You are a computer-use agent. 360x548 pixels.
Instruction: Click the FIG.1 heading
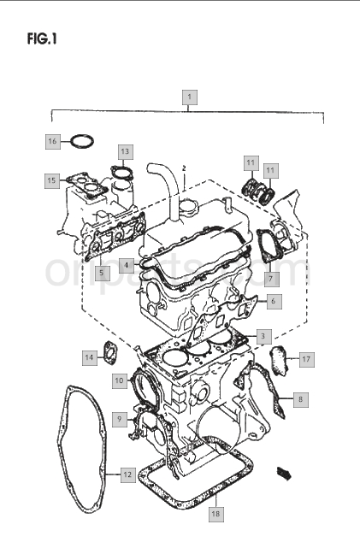pos(42,38)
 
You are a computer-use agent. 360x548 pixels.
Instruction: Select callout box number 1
pos(190,97)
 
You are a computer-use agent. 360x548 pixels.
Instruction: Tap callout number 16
pos(52,141)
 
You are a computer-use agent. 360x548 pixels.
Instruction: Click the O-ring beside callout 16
pos(82,141)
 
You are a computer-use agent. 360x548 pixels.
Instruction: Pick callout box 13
pos(125,151)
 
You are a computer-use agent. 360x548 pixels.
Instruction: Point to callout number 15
pos(51,180)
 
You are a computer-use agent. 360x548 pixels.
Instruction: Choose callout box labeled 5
pos(102,273)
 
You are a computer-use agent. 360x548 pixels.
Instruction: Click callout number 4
pos(127,265)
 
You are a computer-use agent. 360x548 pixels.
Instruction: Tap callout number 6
pos(274,301)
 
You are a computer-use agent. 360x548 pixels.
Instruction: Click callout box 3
pos(263,337)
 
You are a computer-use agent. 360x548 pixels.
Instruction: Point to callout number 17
pos(306,359)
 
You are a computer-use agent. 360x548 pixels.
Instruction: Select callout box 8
pos(301,399)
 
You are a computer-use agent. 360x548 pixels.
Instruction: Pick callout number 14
pos(90,357)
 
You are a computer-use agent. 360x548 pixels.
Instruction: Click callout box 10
pos(120,380)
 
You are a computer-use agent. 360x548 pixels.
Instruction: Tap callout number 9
pos(120,419)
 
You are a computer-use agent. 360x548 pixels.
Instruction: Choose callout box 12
pos(128,475)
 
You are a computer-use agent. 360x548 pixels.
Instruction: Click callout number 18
pos(216,514)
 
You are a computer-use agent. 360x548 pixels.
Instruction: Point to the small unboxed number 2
pos(184,168)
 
